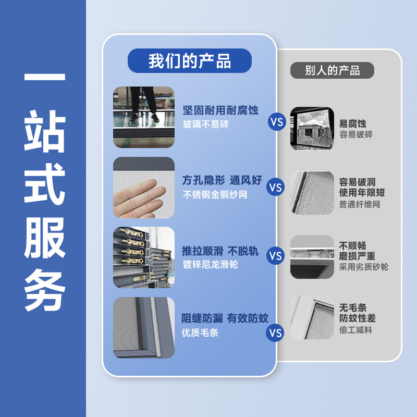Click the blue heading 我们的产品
[189, 60]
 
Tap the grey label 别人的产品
[332, 70]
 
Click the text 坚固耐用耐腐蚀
[220, 111]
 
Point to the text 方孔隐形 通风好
[222, 180]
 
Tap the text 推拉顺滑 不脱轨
[220, 250]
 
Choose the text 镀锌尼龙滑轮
[210, 265]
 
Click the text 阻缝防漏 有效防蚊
[225, 318]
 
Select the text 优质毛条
[200, 333]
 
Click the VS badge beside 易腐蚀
[276, 122]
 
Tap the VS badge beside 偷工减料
[275, 333]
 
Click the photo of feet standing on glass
[144, 117]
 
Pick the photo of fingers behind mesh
[144, 188]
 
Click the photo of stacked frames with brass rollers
[144, 257]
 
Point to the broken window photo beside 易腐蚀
[312, 129]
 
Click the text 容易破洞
[358, 182]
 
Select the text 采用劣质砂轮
[364, 267]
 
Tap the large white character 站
[45, 133]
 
